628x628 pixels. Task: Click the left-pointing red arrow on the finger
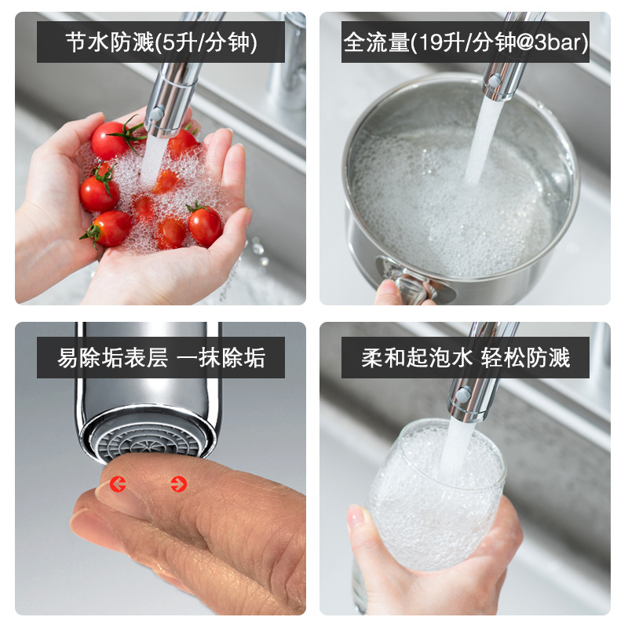(118, 484)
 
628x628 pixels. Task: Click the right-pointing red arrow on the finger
(179, 484)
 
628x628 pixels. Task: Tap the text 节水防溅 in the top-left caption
(110, 42)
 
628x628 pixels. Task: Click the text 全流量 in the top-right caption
(377, 42)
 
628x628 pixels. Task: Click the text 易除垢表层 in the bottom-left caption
(112, 358)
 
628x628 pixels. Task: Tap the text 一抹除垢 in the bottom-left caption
(221, 358)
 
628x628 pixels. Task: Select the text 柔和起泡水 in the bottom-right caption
(417, 358)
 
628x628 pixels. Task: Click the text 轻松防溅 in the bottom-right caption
(525, 358)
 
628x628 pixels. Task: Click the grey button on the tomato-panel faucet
(156, 113)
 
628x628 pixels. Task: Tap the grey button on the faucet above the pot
(495, 81)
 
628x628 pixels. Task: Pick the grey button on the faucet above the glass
(463, 395)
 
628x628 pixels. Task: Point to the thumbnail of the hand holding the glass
(356, 517)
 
